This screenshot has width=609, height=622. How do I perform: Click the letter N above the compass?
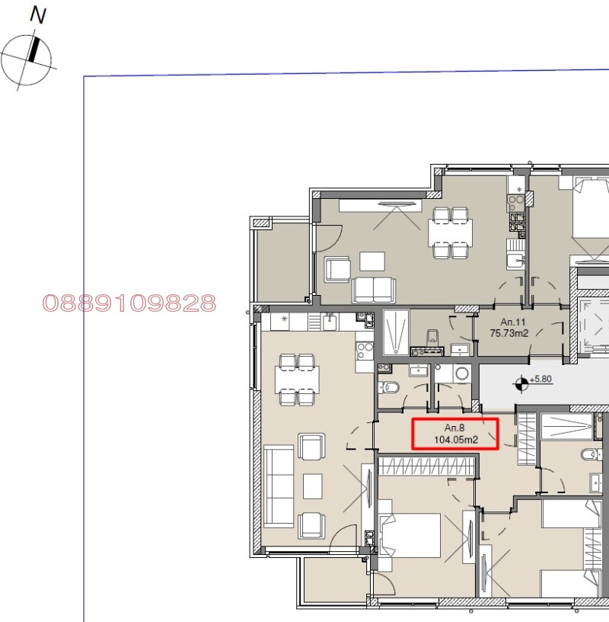(38, 15)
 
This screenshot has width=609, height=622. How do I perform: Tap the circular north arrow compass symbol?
(26, 60)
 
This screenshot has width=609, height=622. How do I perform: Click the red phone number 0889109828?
(129, 303)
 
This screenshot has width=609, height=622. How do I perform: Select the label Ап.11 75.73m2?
(509, 328)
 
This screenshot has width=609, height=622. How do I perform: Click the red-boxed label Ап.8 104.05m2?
(455, 434)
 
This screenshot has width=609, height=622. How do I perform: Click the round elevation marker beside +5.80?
(521, 383)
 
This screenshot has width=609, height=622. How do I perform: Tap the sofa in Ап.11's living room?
(373, 289)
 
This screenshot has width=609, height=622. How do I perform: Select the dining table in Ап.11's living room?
(450, 232)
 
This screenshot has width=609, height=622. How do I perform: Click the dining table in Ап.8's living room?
(297, 380)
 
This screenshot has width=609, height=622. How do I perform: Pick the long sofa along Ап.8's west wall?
(279, 486)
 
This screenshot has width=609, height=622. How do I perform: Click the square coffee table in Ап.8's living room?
(313, 486)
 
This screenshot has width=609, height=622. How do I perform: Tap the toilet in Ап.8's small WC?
(388, 387)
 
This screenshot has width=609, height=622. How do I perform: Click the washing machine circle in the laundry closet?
(461, 373)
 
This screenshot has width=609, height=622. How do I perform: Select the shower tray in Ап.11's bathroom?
(396, 332)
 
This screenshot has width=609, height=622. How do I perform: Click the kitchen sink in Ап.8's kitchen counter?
(330, 322)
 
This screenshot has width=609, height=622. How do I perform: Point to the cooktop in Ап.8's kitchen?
(365, 351)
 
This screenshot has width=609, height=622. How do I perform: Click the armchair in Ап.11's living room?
(337, 269)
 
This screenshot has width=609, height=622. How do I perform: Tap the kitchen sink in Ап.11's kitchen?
(515, 261)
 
